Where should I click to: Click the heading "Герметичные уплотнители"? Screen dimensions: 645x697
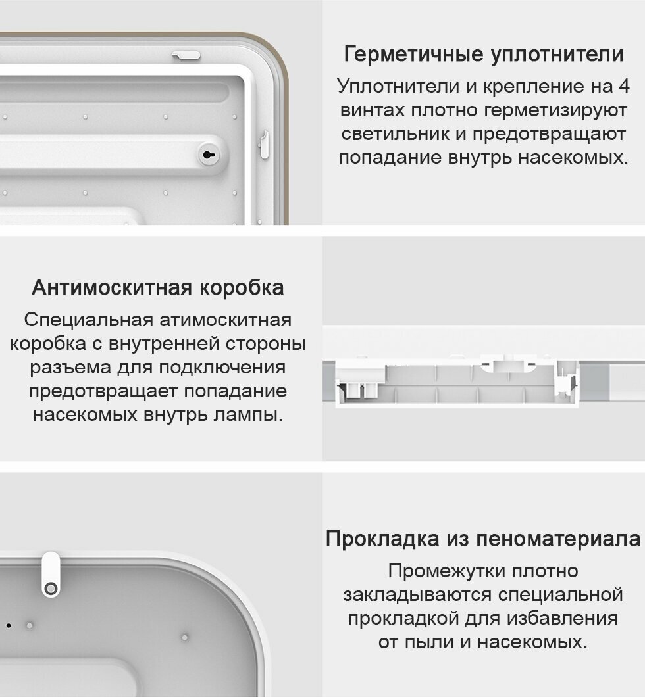[483, 54]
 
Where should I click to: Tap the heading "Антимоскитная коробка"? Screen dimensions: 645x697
[158, 288]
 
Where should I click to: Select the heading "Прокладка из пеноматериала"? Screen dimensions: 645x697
[483, 539]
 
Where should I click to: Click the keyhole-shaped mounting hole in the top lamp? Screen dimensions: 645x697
[209, 156]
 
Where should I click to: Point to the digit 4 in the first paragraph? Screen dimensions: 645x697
[623, 86]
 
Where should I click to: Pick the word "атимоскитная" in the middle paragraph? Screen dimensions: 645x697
[225, 320]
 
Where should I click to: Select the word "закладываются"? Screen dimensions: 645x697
[417, 594]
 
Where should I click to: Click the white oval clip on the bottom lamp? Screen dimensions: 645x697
[51, 574]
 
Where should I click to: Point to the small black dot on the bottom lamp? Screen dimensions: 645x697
[8, 625]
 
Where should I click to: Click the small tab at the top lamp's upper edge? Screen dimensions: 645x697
[186, 55]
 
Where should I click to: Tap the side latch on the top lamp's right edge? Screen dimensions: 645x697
[265, 144]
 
